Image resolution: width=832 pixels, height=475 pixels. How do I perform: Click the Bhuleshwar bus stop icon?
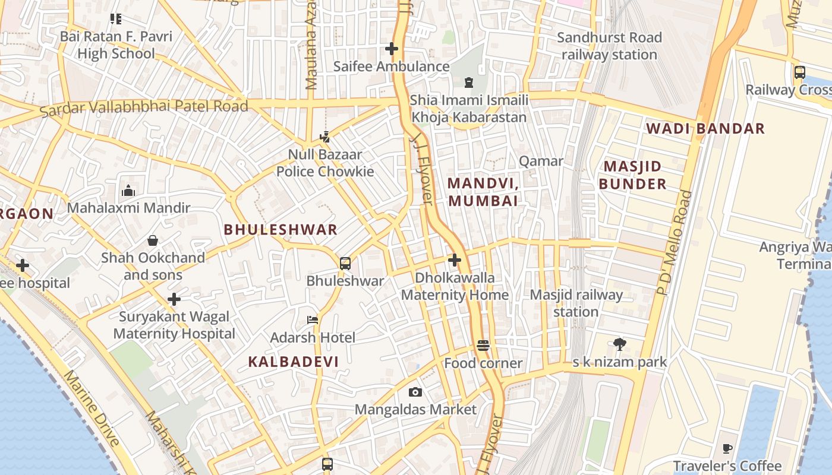pos(345,263)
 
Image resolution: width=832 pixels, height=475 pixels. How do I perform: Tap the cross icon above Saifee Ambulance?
pos(392,49)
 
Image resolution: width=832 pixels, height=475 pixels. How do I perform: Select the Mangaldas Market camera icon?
pos(415,392)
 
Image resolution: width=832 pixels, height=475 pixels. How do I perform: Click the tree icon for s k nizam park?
pos(620,344)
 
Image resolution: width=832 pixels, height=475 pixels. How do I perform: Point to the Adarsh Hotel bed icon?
pos(313,320)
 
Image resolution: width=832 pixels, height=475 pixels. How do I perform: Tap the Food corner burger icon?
pos(483,346)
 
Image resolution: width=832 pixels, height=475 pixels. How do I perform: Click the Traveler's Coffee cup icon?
pos(727,448)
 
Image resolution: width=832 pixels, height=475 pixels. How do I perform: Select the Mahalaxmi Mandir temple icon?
pos(128,191)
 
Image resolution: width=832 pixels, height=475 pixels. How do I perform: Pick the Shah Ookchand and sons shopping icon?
pos(153,240)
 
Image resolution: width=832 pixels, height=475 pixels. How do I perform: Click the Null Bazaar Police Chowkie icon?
pos(324,137)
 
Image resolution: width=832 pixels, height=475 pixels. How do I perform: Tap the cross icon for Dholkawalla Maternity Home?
pos(455,260)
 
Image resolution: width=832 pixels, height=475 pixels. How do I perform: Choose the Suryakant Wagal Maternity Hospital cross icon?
pos(174,299)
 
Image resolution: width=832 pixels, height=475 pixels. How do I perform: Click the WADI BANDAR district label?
pos(705,128)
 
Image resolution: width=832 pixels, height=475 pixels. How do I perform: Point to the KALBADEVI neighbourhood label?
pos(293,362)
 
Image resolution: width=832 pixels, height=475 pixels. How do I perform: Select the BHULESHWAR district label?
pos(281,230)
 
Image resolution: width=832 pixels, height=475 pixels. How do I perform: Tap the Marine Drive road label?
pos(92,408)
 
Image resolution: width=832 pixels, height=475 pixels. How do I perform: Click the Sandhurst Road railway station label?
pos(609,46)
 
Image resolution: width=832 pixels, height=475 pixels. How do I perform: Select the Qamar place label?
pos(541,161)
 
